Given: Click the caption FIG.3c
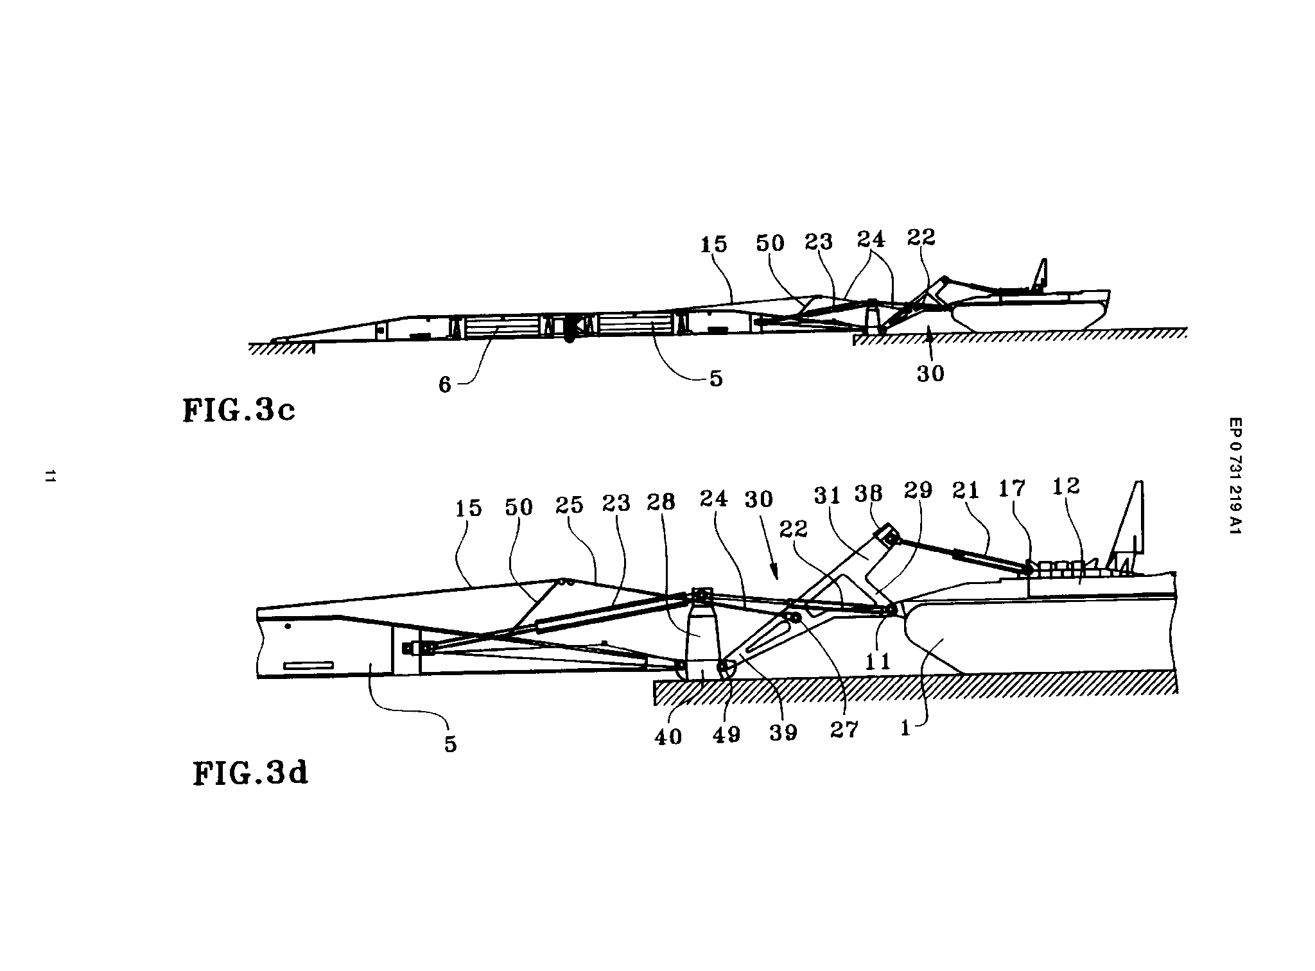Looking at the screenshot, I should [x=239, y=409].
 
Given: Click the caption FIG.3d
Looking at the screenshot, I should [x=250, y=773].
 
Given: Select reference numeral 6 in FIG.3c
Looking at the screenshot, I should [x=444, y=384].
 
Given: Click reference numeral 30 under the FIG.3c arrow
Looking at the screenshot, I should [x=930, y=373].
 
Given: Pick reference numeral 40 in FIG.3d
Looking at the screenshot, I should [x=668, y=736].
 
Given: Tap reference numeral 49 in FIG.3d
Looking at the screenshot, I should [x=726, y=734].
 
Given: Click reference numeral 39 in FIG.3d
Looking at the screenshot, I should [x=783, y=731].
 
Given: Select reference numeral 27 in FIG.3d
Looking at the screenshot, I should [x=844, y=729].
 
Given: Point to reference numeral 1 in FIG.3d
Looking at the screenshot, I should [x=905, y=728].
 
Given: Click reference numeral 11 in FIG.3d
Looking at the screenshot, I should [x=878, y=660].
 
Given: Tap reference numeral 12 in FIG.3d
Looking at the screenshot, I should [x=1067, y=486].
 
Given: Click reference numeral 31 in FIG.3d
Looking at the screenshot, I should [x=828, y=496].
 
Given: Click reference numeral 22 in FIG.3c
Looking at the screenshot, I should [x=921, y=237].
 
